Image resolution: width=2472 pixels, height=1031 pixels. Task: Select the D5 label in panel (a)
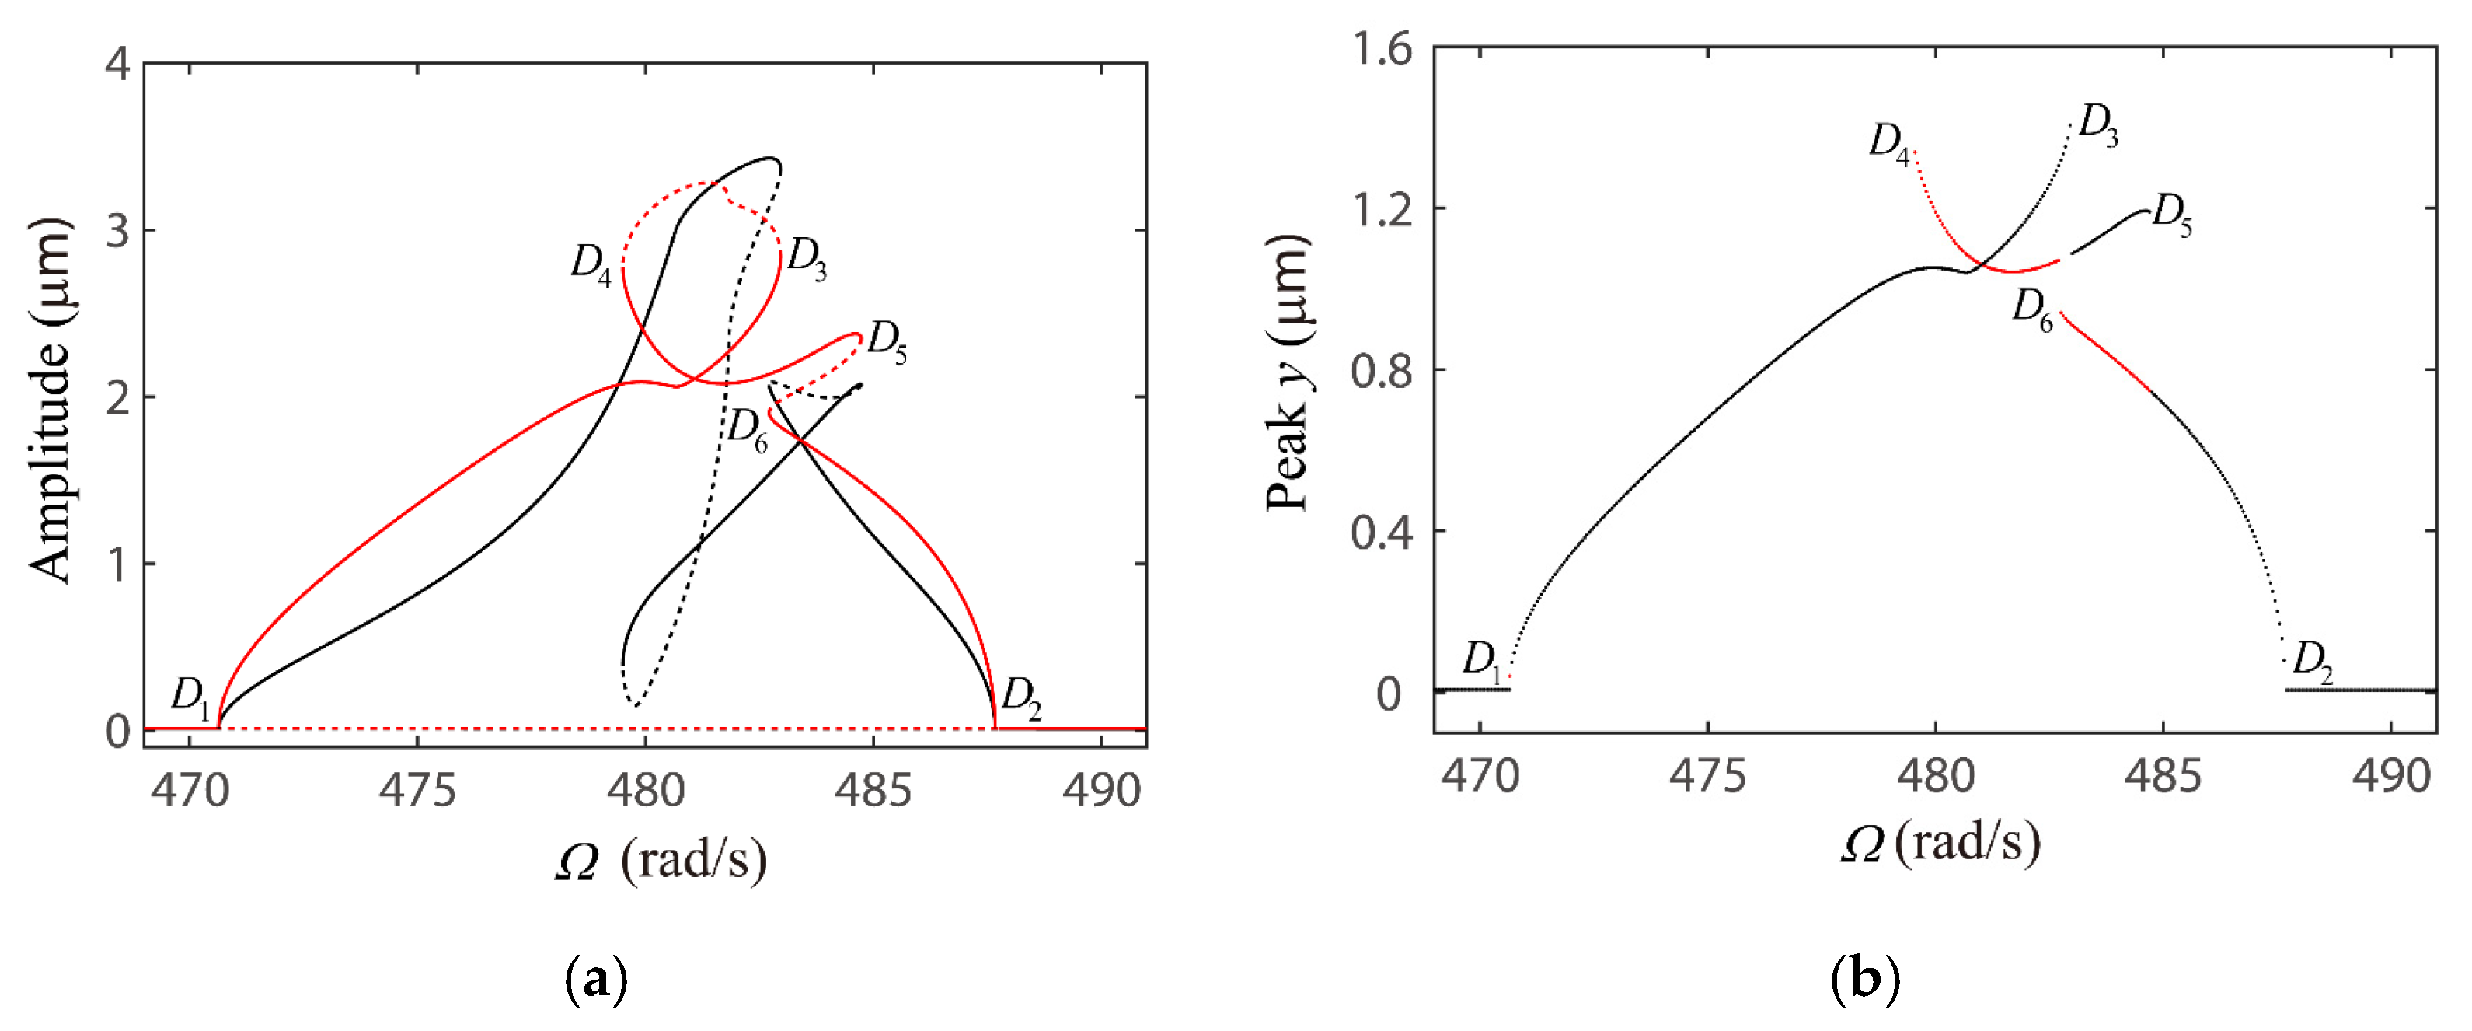(887, 342)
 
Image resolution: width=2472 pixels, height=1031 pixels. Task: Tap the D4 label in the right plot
(1889, 144)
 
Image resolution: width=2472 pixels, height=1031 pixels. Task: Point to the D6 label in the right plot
(2032, 310)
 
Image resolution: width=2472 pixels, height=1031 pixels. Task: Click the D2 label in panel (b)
(2313, 662)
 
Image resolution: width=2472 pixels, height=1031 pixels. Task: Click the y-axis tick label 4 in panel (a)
(118, 65)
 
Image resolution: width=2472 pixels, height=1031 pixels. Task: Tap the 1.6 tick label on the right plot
(1382, 48)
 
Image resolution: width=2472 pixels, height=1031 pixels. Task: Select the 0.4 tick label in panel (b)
(1382, 532)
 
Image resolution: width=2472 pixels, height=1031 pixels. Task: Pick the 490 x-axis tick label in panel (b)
(2391, 777)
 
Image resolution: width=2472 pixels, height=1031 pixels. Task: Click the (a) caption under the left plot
(597, 980)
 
